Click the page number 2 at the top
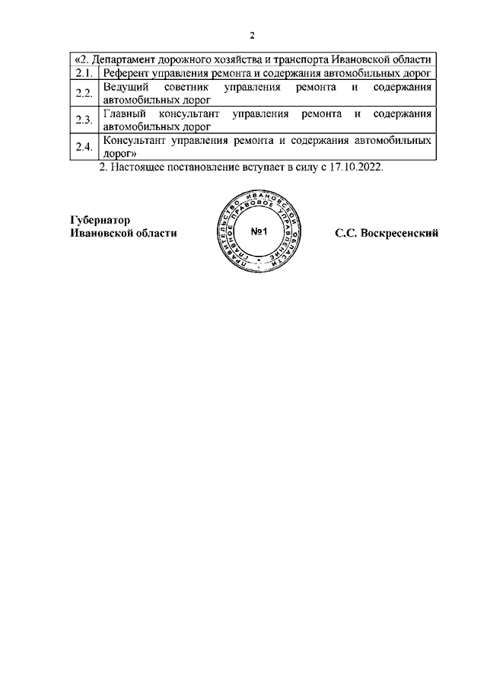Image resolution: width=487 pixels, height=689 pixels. point(252,36)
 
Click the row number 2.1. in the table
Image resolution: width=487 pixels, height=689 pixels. point(84,73)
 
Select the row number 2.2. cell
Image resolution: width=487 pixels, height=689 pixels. point(84,94)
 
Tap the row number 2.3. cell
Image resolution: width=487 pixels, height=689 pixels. point(84,120)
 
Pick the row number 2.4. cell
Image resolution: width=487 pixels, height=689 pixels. point(84,146)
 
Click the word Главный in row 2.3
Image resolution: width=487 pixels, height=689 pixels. point(123,114)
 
